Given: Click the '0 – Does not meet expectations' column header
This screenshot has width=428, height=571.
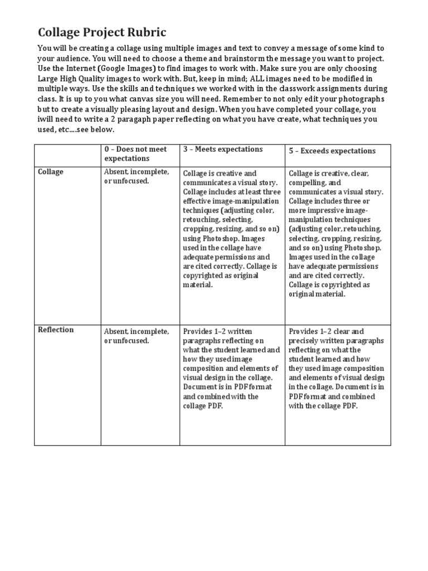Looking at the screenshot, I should tap(135, 154).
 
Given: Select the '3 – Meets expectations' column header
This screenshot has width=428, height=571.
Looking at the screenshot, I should tap(222, 149).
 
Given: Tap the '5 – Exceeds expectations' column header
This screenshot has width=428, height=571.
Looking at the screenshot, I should tap(332, 151).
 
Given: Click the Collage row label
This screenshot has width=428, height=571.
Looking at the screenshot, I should tap(50, 172).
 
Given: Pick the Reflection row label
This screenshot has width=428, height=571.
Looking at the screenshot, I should tap(55, 330).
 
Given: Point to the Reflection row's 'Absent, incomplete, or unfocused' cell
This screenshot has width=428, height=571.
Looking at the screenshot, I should tap(137, 336).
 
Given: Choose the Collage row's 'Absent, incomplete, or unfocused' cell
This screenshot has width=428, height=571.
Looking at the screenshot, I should tap(137, 177).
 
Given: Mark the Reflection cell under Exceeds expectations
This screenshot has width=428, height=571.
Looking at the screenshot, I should tap(337, 369).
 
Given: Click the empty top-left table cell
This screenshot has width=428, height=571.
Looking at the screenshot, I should tap(67, 154).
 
